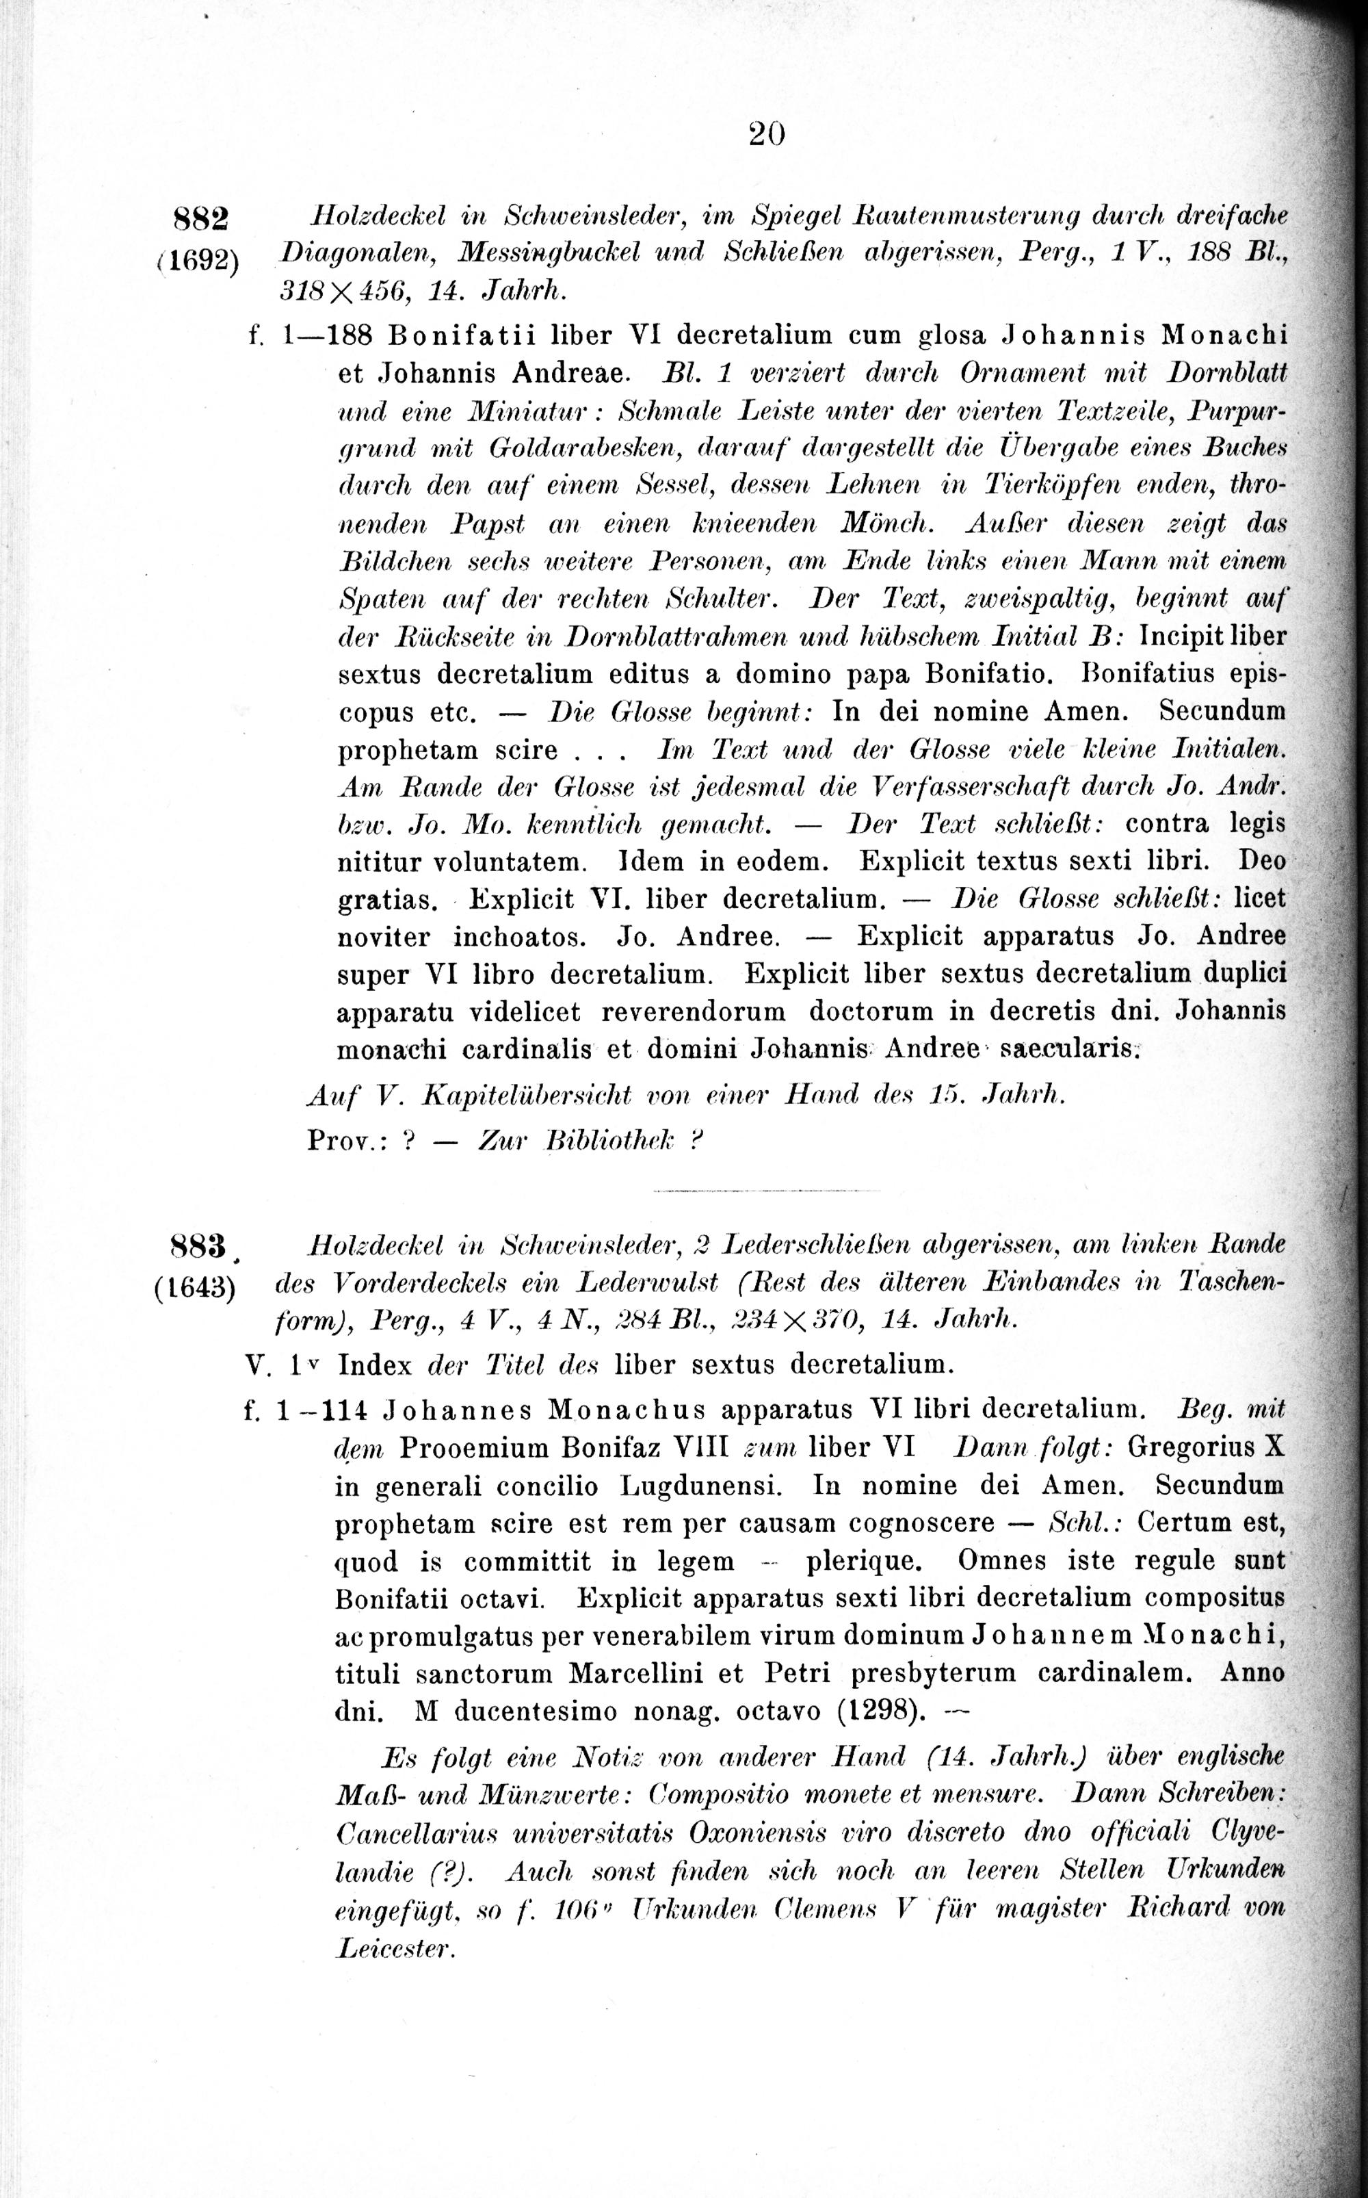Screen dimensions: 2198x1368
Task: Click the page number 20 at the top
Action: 765,134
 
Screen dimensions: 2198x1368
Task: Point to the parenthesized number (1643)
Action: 196,1289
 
